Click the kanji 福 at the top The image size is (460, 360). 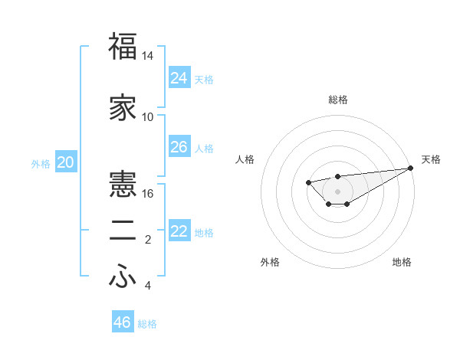(123, 47)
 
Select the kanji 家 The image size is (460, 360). (123, 108)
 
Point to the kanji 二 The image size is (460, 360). (123, 233)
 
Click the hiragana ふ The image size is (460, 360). (123, 278)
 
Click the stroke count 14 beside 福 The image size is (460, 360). (148, 57)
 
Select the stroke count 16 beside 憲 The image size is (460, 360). (148, 193)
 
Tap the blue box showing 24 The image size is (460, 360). (179, 77)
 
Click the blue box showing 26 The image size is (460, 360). (179, 146)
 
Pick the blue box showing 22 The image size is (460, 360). (179, 231)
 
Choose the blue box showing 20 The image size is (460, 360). (66, 162)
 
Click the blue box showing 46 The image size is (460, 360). (123, 322)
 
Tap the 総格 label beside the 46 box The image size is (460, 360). (147, 324)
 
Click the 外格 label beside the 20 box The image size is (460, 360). (41, 164)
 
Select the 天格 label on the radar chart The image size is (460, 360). (431, 159)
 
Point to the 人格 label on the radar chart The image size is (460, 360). (245, 159)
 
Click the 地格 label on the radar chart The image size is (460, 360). (402, 262)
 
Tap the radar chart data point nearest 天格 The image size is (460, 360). (411, 168)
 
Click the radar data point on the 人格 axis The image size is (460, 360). (308, 182)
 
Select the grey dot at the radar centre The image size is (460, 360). (337, 191)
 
